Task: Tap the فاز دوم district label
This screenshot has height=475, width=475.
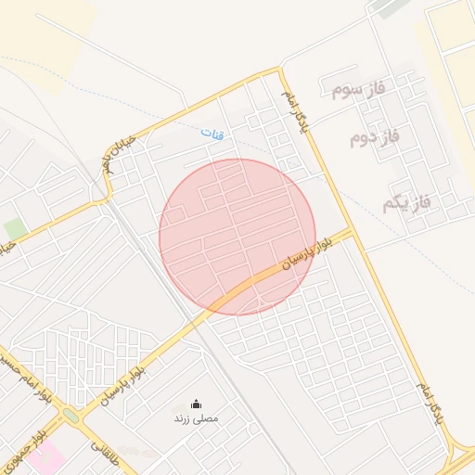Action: [374, 138]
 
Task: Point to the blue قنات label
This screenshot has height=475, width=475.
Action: [212, 135]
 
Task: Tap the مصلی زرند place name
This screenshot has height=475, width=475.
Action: [196, 418]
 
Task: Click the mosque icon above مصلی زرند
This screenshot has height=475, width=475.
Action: [196, 404]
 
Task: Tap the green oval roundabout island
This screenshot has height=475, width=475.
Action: [71, 416]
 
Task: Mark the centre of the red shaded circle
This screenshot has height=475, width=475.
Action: [237, 237]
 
